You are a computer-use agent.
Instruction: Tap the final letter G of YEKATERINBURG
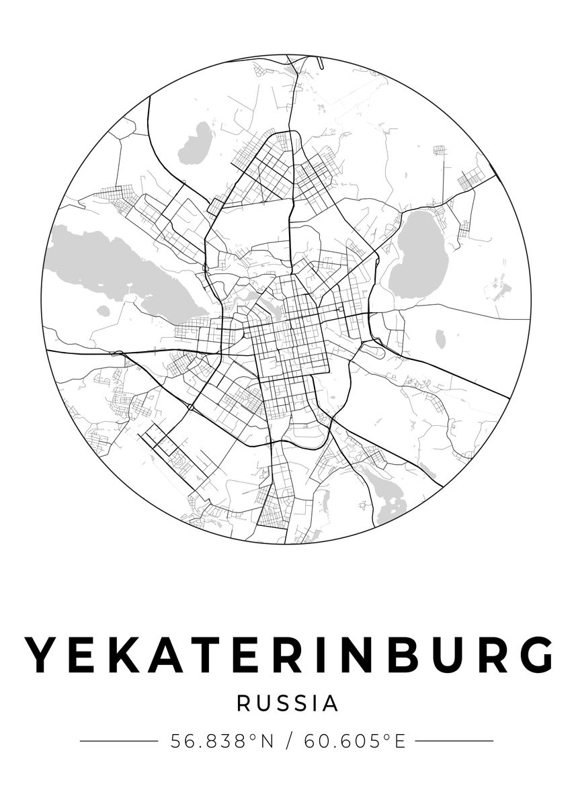(536, 654)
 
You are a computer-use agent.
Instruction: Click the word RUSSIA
(288, 703)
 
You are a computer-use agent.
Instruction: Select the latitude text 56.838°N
(222, 742)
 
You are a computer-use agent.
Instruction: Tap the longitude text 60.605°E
(355, 742)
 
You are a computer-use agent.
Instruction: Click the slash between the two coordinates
(289, 742)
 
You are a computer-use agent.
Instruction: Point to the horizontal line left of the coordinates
(118, 742)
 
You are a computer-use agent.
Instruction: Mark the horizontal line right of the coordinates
(454, 742)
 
